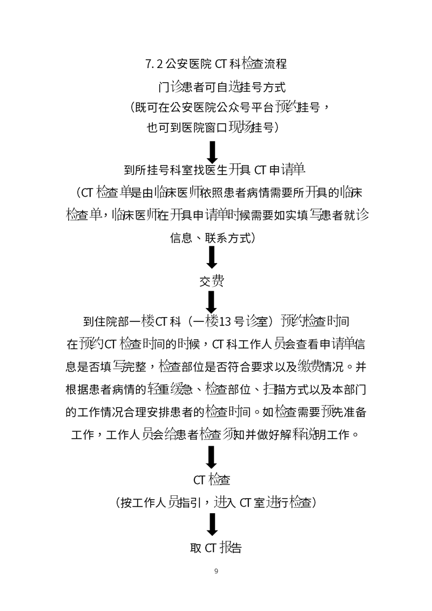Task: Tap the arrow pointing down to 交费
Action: coord(212,257)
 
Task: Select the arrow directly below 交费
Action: coord(212,302)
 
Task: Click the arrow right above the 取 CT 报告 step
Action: coord(212,525)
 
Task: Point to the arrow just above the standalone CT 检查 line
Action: coord(212,457)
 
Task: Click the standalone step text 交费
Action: coord(212,281)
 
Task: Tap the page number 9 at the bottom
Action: coord(216,571)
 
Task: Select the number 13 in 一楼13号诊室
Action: coord(226,322)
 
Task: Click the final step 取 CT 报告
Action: coord(216,547)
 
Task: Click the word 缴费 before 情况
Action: coord(309,367)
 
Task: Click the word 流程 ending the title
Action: coord(276,64)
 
